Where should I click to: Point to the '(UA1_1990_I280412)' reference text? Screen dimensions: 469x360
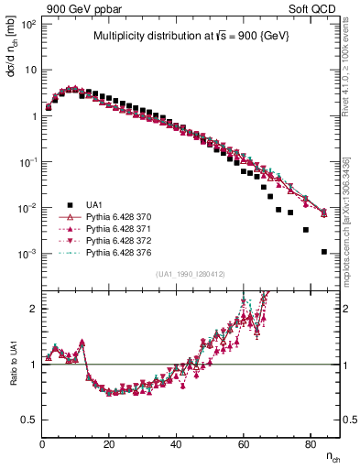point(190,275)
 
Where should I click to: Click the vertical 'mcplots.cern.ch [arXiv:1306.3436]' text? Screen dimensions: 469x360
point(352,206)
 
